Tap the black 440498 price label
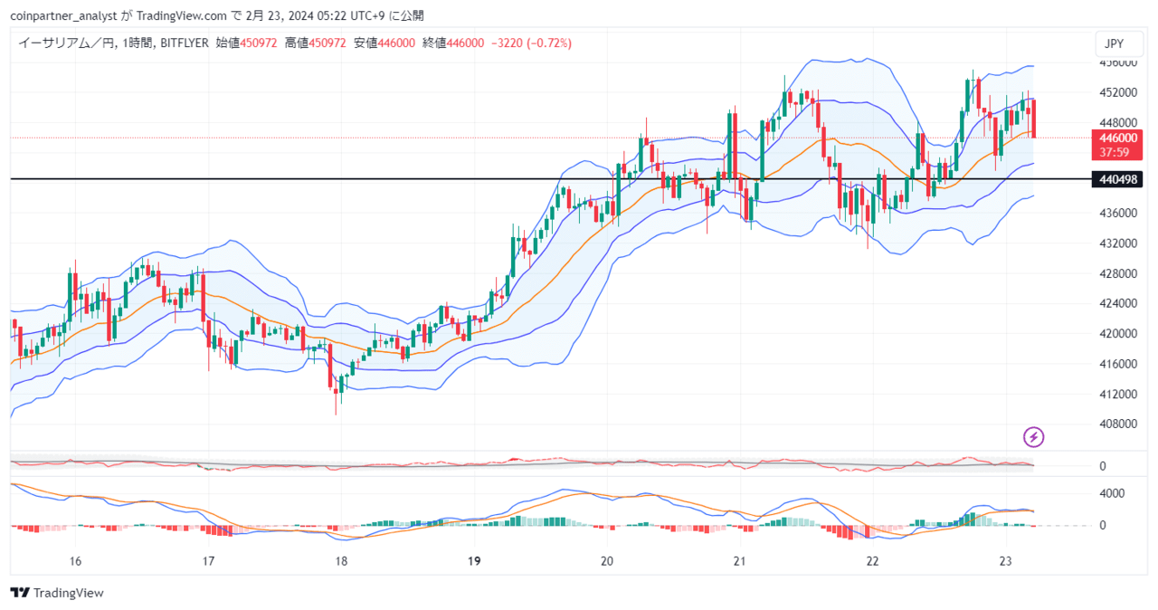click(x=1117, y=179)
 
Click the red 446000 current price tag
click(x=1117, y=138)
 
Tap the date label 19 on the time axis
click(x=474, y=562)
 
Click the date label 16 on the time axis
click(x=76, y=562)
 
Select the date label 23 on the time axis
click(x=1005, y=562)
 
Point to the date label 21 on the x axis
click(x=739, y=562)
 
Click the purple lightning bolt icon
click(x=1033, y=438)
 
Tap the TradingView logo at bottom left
click(x=58, y=593)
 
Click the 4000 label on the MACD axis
click(x=1111, y=494)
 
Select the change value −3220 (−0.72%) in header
click(x=531, y=43)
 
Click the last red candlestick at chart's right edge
click(x=1033, y=119)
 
